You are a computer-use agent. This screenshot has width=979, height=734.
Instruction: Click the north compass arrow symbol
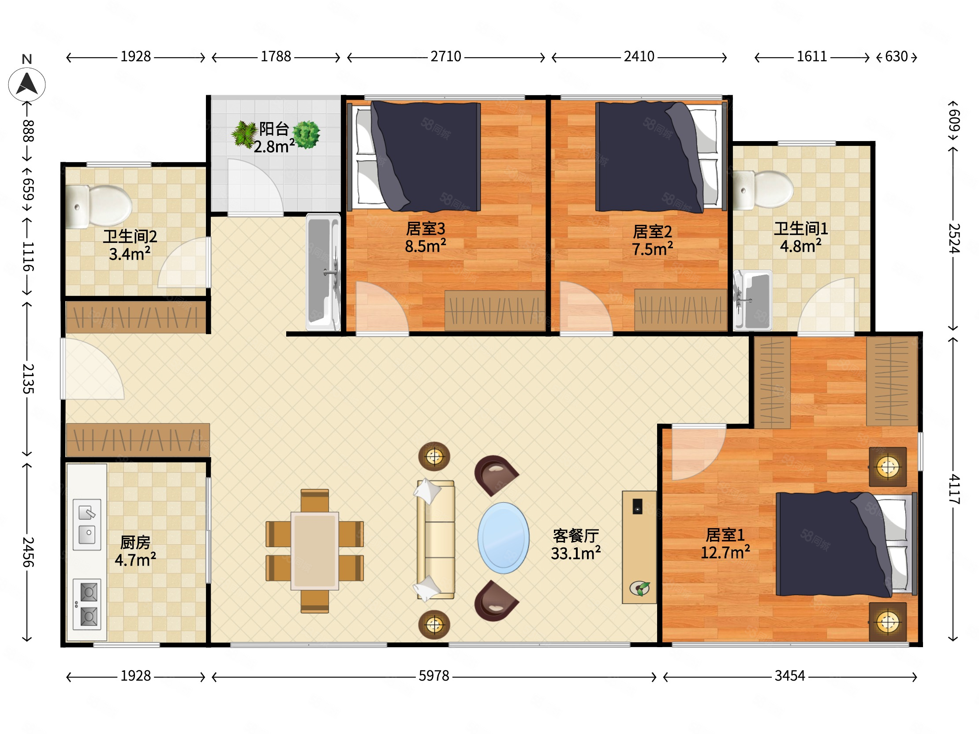point(26,84)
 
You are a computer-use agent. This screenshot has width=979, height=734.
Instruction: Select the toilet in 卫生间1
point(763,190)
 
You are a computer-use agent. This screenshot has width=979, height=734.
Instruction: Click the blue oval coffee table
point(503,537)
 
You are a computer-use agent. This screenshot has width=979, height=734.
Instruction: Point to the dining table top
point(315,551)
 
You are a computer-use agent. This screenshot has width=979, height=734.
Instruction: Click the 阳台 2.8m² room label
point(274,138)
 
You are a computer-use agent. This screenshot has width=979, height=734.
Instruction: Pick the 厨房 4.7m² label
point(135,551)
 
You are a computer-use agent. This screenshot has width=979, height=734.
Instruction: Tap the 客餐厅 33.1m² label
point(576,544)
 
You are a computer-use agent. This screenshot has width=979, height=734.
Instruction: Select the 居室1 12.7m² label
point(725,544)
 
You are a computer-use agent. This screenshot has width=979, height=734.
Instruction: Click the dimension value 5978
point(434,676)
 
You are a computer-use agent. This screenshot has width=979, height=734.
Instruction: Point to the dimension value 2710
point(446,56)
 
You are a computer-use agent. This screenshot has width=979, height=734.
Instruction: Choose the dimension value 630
point(896,56)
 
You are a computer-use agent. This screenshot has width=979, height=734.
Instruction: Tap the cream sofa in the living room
point(436,540)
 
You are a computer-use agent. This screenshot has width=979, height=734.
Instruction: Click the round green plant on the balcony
point(306,134)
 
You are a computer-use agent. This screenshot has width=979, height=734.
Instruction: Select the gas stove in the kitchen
point(87,604)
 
